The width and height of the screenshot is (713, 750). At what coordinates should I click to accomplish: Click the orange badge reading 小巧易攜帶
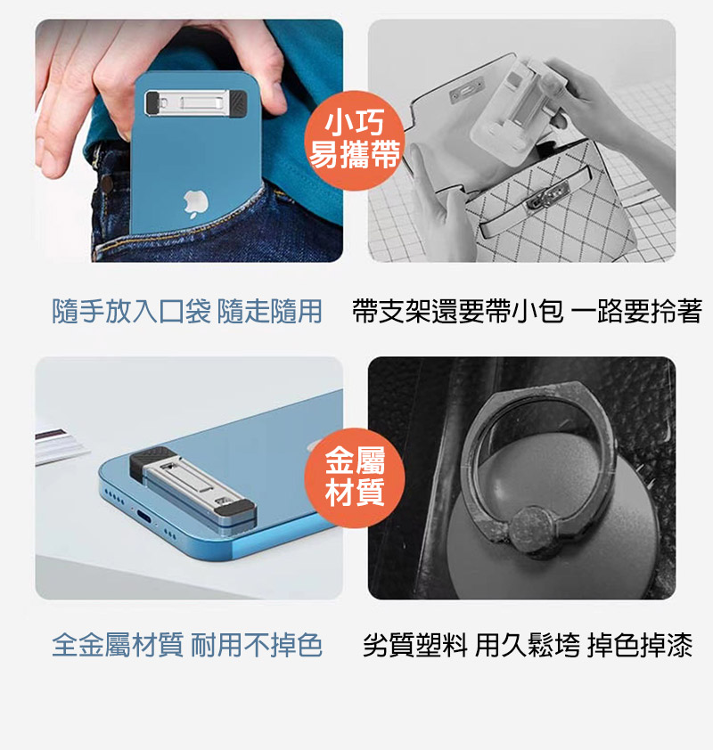click(x=355, y=141)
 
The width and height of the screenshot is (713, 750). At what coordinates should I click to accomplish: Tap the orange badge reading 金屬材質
click(x=355, y=477)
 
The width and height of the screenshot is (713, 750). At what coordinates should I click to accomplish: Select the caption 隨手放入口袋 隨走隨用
click(x=186, y=311)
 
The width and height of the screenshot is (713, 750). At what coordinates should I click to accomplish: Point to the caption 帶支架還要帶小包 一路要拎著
click(x=528, y=311)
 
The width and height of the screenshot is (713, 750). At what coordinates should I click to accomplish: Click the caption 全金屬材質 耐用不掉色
click(x=186, y=645)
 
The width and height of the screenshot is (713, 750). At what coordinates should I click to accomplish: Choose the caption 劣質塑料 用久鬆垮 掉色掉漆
click(x=528, y=645)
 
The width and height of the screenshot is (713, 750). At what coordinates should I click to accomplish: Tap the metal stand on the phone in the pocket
click(x=196, y=102)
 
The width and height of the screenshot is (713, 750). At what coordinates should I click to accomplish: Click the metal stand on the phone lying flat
click(x=193, y=486)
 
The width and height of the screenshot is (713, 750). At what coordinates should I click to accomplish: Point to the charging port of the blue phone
click(x=145, y=517)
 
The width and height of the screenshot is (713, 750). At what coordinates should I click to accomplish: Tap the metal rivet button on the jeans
click(x=107, y=183)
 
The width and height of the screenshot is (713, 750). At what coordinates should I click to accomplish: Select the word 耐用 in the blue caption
click(x=217, y=645)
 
